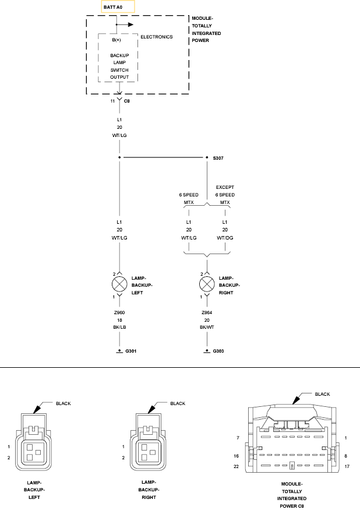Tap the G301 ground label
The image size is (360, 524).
tap(131, 351)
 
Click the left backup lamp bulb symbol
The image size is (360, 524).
tap(119, 285)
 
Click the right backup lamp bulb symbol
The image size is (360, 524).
tap(206, 285)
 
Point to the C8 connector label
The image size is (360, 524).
tap(127, 101)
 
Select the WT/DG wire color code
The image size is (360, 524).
tap(224, 238)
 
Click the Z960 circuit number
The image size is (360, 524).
tap(119, 312)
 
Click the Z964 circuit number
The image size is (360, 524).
tap(206, 312)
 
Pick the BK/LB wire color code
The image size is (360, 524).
tap(119, 328)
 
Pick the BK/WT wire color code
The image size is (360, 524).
tap(206, 328)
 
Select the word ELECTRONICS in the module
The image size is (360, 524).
tap(157, 37)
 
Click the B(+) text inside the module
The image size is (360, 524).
tap(117, 40)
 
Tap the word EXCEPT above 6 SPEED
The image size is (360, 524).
tap(225, 187)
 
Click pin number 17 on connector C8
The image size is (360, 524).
tap(347, 466)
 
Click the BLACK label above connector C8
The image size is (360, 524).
tap(322, 394)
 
